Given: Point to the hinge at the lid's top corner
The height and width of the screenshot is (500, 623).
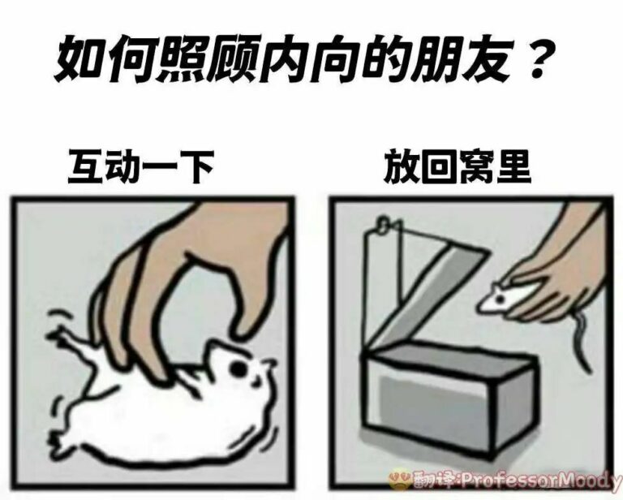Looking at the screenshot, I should click(x=383, y=223).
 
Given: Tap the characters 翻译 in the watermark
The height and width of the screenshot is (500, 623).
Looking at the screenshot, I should click(x=436, y=481).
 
